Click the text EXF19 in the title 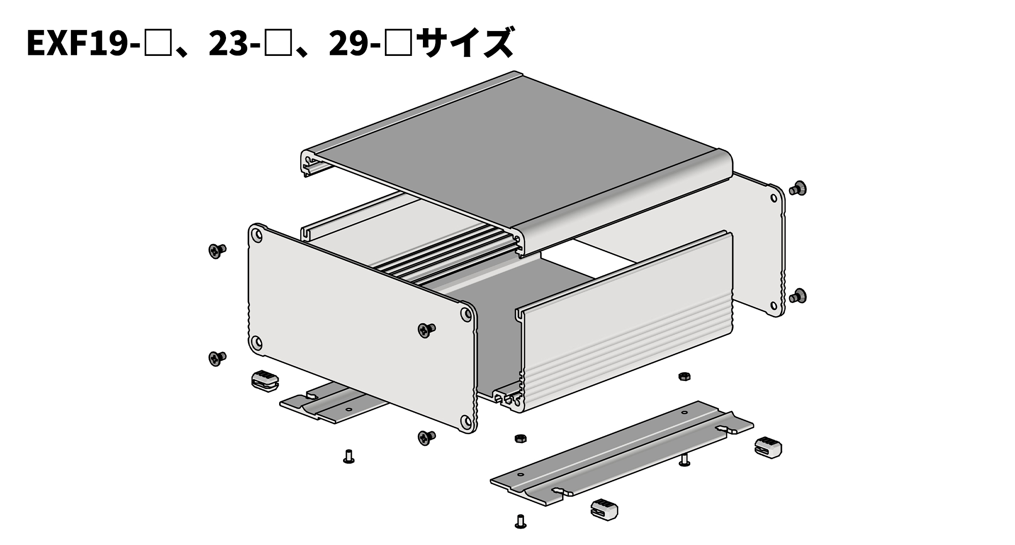78,43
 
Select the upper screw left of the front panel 217,250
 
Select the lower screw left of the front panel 217,358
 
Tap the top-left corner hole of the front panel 256,234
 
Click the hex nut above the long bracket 684,376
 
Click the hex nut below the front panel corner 520,438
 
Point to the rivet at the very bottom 520,522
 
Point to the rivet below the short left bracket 348,456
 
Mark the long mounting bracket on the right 620,453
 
